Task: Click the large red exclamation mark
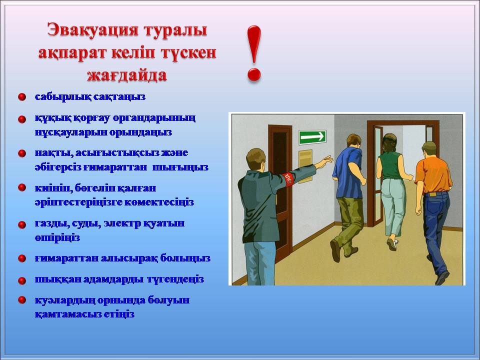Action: point(254,53)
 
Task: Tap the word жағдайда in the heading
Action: point(127,75)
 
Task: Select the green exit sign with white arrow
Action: point(312,137)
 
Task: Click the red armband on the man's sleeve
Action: point(288,179)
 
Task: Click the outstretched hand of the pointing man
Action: point(325,161)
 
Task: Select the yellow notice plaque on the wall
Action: point(305,166)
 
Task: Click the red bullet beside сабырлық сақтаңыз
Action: point(21,97)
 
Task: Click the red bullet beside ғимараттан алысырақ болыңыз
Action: point(21,258)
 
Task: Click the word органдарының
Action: point(154,118)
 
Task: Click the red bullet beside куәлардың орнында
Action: point(21,300)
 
